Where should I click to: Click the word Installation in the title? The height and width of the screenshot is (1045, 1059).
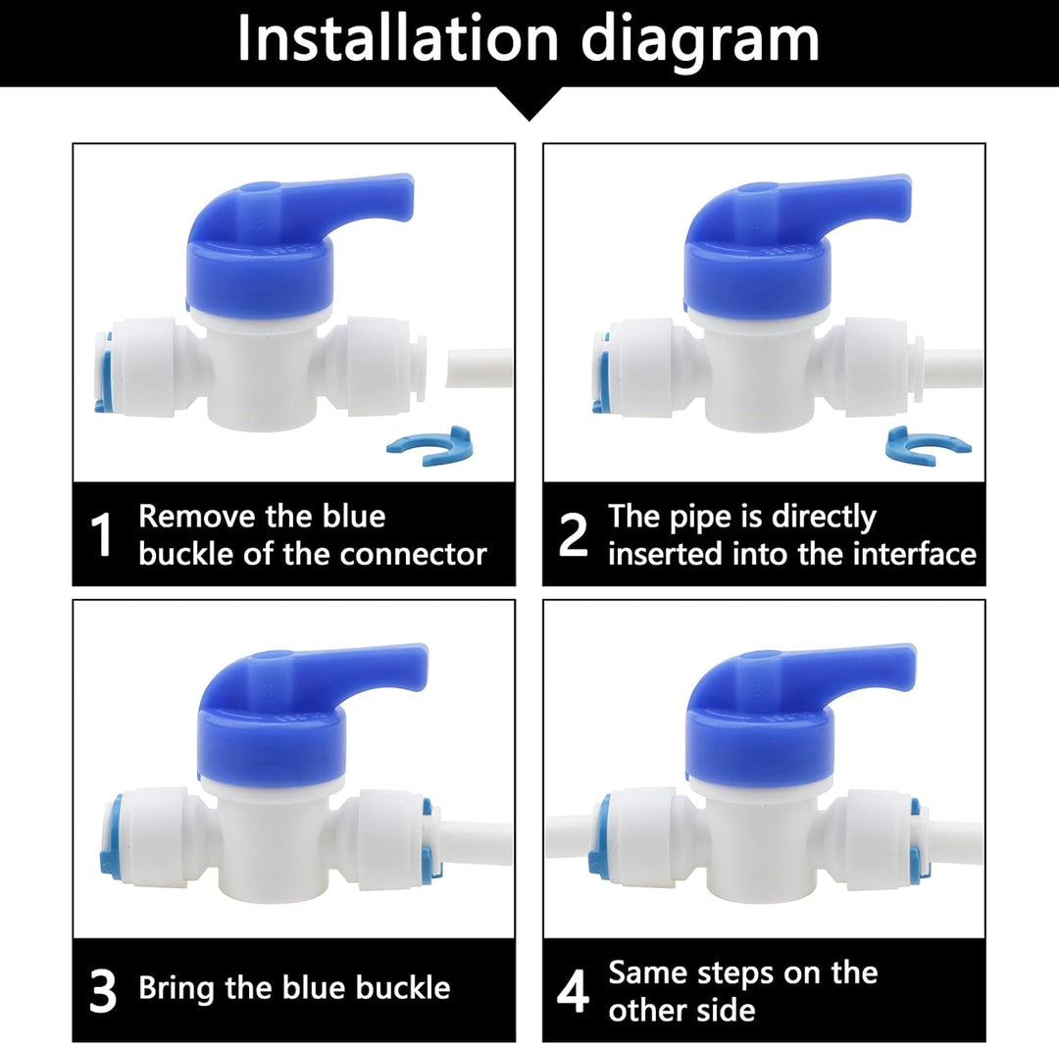click(x=398, y=39)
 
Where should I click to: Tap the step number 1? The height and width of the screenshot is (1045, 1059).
click(x=101, y=535)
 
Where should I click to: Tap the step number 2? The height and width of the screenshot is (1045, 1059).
click(x=573, y=535)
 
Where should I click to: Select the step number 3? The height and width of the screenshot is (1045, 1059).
click(x=103, y=992)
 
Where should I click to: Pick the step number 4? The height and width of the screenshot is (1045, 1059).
click(x=573, y=992)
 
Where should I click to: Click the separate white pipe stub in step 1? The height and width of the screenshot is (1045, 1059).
click(x=479, y=368)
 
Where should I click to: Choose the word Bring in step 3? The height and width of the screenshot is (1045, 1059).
click(x=177, y=988)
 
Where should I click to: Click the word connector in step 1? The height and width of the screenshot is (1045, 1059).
click(x=413, y=554)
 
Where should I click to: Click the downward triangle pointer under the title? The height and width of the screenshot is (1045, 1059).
click(x=529, y=103)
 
